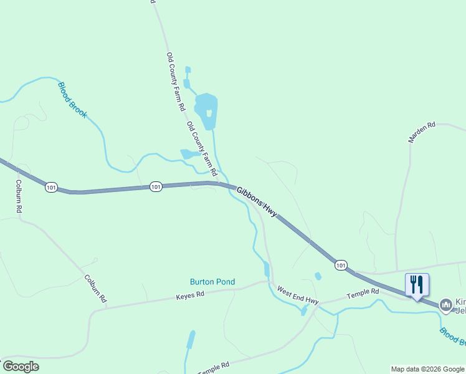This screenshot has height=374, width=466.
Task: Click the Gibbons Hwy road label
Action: pyautogui.click(x=257, y=200)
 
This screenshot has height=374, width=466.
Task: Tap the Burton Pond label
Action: pyautogui.click(x=212, y=282)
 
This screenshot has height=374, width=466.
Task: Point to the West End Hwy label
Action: pyautogui.click(x=298, y=296)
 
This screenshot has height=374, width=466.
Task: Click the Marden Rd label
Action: pyautogui.click(x=421, y=132)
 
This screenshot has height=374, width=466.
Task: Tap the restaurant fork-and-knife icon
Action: pyautogui.click(x=417, y=284)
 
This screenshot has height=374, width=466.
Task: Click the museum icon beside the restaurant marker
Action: pyautogui.click(x=445, y=305)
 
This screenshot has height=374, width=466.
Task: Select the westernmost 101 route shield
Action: pyautogui.click(x=52, y=186)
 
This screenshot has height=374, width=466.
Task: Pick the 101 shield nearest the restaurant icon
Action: pyautogui.click(x=340, y=265)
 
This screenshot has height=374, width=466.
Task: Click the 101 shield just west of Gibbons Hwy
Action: pyautogui.click(x=156, y=186)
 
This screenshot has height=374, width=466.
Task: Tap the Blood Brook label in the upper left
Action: pyautogui.click(x=72, y=100)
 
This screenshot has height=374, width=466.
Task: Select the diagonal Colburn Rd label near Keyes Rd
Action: pyautogui.click(x=95, y=289)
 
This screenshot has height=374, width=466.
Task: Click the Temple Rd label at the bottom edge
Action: pyautogui.click(x=214, y=368)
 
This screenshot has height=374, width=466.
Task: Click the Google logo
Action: pyautogui.click(x=21, y=367)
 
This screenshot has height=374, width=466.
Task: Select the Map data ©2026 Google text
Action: pyautogui.click(x=428, y=369)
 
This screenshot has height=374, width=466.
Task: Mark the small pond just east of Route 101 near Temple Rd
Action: pyautogui.click(x=318, y=276)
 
